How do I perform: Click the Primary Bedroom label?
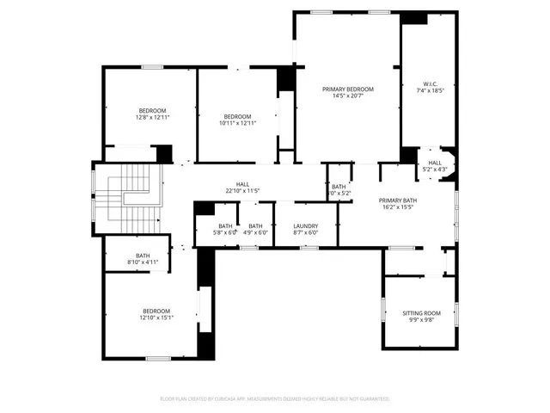pyautogui.click(x=348, y=89)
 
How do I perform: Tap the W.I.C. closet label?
pyautogui.click(x=430, y=83)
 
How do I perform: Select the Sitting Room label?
pyautogui.click(x=421, y=313)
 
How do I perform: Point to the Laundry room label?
pyautogui.click(x=306, y=225)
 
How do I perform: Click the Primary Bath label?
pyautogui.click(x=397, y=200)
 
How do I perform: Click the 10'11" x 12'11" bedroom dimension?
pyautogui.click(x=237, y=123)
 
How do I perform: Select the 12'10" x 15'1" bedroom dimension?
pyautogui.click(x=156, y=317)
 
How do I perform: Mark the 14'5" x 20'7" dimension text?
pyautogui.click(x=348, y=96)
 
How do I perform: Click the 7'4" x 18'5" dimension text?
pyautogui.click(x=430, y=90)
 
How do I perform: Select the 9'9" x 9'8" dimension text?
pyautogui.click(x=421, y=320)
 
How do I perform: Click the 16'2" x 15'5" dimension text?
pyautogui.click(x=397, y=206)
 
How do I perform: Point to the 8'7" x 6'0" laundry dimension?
pyautogui.click(x=306, y=232)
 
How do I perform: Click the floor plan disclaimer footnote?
pyautogui.click(x=275, y=398)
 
